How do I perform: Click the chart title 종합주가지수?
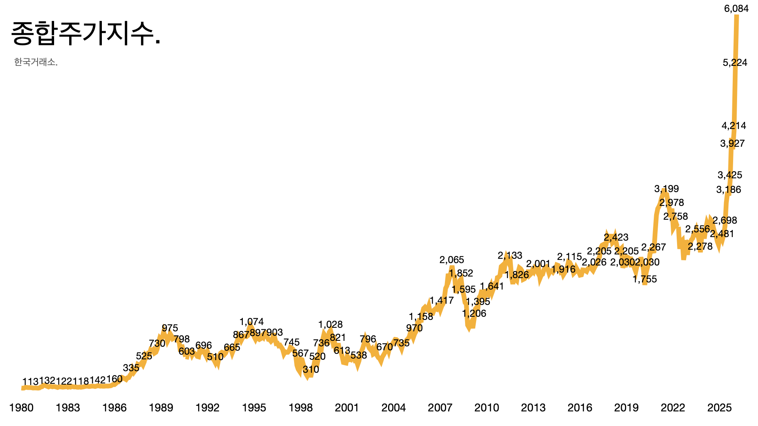pyautogui.click(x=86, y=34)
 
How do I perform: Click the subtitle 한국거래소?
pyautogui.click(x=36, y=62)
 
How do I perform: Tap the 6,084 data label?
pyautogui.click(x=736, y=9)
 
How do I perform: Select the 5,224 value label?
pyautogui.click(x=735, y=62)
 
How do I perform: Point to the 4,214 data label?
pyautogui.click(x=734, y=126)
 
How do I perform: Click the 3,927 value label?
pyautogui.click(x=732, y=144)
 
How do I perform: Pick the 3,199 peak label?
pyautogui.click(x=666, y=189)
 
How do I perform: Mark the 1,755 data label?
pyautogui.click(x=644, y=279)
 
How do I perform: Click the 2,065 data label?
pyautogui.click(x=452, y=260)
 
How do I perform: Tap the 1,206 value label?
pyautogui.click(x=474, y=314)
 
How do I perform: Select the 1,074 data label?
pyautogui.click(x=251, y=322)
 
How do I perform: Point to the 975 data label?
pyautogui.click(x=170, y=328)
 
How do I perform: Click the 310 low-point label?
pyautogui.click(x=311, y=370)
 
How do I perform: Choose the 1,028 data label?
pyautogui.click(x=330, y=325)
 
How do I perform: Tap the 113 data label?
pyautogui.click(x=30, y=381)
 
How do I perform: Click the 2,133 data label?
pyautogui.click(x=510, y=256)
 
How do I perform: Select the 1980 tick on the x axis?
pyautogui.click(x=21, y=408)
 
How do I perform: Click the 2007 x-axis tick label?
pyautogui.click(x=440, y=408)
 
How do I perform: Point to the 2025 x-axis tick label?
pyautogui.click(x=719, y=408)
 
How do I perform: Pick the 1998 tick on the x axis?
pyautogui.click(x=300, y=408)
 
